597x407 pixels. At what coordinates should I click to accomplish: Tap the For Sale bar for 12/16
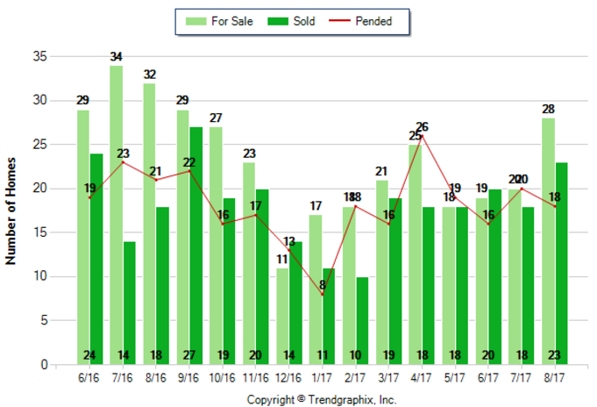[x=281, y=316]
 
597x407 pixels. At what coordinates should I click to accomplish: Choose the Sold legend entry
[x=288, y=21]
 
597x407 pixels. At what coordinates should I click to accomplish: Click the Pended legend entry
[x=363, y=21]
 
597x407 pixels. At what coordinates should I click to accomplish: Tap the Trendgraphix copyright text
[x=321, y=399]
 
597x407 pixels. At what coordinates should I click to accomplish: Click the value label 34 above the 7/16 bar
[x=117, y=57]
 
